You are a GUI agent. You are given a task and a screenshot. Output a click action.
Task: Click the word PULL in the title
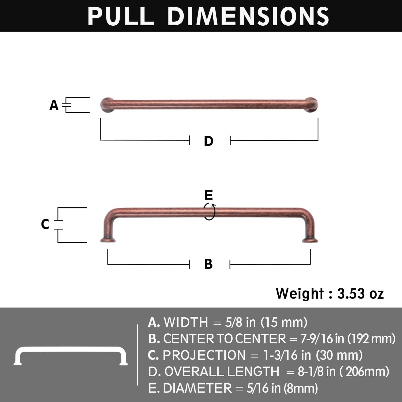point(121,16)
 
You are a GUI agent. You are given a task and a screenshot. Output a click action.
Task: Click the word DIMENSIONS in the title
point(248,16)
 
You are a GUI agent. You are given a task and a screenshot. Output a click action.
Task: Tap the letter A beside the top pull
point(54,105)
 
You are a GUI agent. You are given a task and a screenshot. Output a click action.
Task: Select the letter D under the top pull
point(209,141)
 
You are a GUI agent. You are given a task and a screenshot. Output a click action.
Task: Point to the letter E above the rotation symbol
point(209,195)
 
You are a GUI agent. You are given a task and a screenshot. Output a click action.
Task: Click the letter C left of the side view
point(45,224)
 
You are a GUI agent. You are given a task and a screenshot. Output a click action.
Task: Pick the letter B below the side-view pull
point(208,264)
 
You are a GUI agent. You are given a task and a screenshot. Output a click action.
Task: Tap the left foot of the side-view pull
point(108,240)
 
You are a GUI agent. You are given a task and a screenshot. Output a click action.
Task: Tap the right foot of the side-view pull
point(310,240)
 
